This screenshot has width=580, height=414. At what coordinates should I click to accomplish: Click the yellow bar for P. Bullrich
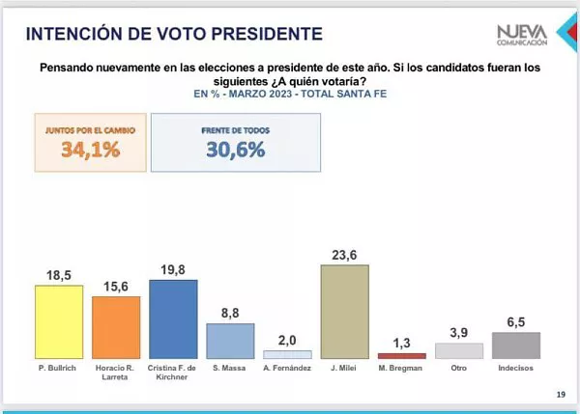(x=58, y=321)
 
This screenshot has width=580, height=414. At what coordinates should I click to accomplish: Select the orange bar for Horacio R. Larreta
(x=116, y=327)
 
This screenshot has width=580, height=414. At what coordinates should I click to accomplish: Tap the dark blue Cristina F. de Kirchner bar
(x=173, y=319)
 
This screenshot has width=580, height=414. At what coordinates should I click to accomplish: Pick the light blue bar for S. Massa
(x=230, y=341)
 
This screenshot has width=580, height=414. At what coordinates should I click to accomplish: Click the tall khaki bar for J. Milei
(x=344, y=312)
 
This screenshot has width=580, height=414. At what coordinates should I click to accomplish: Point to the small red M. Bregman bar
(x=401, y=356)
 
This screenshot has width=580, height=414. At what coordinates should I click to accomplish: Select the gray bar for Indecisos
(x=515, y=345)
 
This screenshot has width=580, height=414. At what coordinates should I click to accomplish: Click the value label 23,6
(x=344, y=254)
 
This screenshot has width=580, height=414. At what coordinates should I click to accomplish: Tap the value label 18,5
(x=59, y=274)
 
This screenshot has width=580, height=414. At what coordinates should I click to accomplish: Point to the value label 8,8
(x=230, y=313)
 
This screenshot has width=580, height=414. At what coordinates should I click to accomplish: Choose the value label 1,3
(x=402, y=343)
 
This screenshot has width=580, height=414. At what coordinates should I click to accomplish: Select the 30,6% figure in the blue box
(x=235, y=150)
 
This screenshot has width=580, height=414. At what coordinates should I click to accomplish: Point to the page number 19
(x=561, y=394)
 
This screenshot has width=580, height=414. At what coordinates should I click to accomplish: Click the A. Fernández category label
(x=288, y=369)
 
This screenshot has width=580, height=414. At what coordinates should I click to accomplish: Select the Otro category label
(x=458, y=369)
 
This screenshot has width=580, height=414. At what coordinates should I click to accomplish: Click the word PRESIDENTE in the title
(x=252, y=35)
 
